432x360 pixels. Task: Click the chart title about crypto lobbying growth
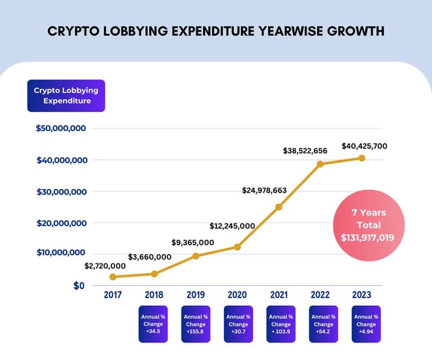tap(216, 31)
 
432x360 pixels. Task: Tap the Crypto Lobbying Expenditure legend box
tap(66, 96)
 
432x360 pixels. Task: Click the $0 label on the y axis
tap(79, 286)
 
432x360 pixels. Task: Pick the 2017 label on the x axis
tap(113, 295)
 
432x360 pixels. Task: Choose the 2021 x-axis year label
tap(279, 295)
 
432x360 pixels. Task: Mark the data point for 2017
tap(113, 277)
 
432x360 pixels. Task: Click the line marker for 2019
tap(196, 256)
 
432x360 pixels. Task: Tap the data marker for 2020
tap(238, 247)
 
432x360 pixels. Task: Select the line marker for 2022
tap(321, 164)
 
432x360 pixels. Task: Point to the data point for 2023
tap(362, 158)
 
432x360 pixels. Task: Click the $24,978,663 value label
tap(265, 191)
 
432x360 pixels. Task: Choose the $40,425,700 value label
tap(364, 146)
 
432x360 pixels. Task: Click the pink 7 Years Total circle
tap(369, 224)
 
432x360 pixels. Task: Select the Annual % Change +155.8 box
tap(196, 324)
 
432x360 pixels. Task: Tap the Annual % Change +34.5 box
tap(153, 324)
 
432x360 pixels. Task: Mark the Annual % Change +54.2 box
tap(324, 324)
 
